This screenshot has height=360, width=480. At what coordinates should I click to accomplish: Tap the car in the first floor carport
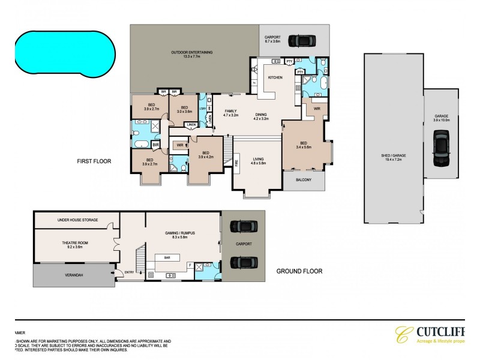point(301,41)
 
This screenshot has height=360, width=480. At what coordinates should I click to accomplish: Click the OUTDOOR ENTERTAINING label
point(191,53)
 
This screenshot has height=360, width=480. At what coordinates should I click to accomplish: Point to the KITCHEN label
point(275,78)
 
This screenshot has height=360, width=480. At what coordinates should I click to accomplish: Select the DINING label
point(261,115)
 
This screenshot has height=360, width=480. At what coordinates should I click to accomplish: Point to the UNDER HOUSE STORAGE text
point(77,220)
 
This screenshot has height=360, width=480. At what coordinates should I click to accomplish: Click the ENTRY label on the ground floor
point(128,273)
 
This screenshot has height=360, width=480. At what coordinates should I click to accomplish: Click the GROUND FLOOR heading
point(299,271)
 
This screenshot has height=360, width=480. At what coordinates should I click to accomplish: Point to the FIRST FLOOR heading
point(95,161)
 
